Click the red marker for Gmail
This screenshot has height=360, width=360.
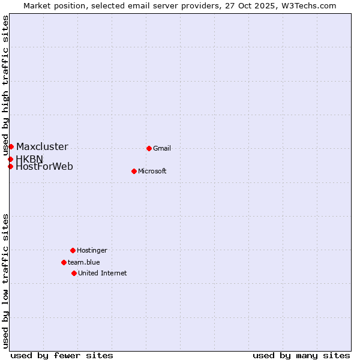(x=149, y=148)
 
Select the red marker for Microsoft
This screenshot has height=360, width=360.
(x=134, y=171)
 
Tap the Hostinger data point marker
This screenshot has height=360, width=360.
(x=73, y=250)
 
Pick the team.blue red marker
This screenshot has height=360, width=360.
(x=64, y=262)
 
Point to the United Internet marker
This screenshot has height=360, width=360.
(x=74, y=273)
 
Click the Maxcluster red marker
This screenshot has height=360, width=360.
(x=11, y=146)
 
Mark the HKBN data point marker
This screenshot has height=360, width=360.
(x=10, y=159)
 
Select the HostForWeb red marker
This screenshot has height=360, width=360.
(x=10, y=166)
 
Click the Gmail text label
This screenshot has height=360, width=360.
(x=162, y=149)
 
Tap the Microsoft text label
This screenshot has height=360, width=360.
(x=152, y=172)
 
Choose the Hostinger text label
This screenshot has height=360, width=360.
(x=92, y=251)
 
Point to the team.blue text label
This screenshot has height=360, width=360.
(x=84, y=263)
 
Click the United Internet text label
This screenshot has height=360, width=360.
(x=103, y=274)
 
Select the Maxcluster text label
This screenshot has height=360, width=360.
(x=42, y=147)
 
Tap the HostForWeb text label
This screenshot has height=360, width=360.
(x=44, y=167)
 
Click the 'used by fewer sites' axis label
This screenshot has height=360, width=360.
(x=62, y=355)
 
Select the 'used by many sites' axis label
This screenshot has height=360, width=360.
(x=301, y=355)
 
